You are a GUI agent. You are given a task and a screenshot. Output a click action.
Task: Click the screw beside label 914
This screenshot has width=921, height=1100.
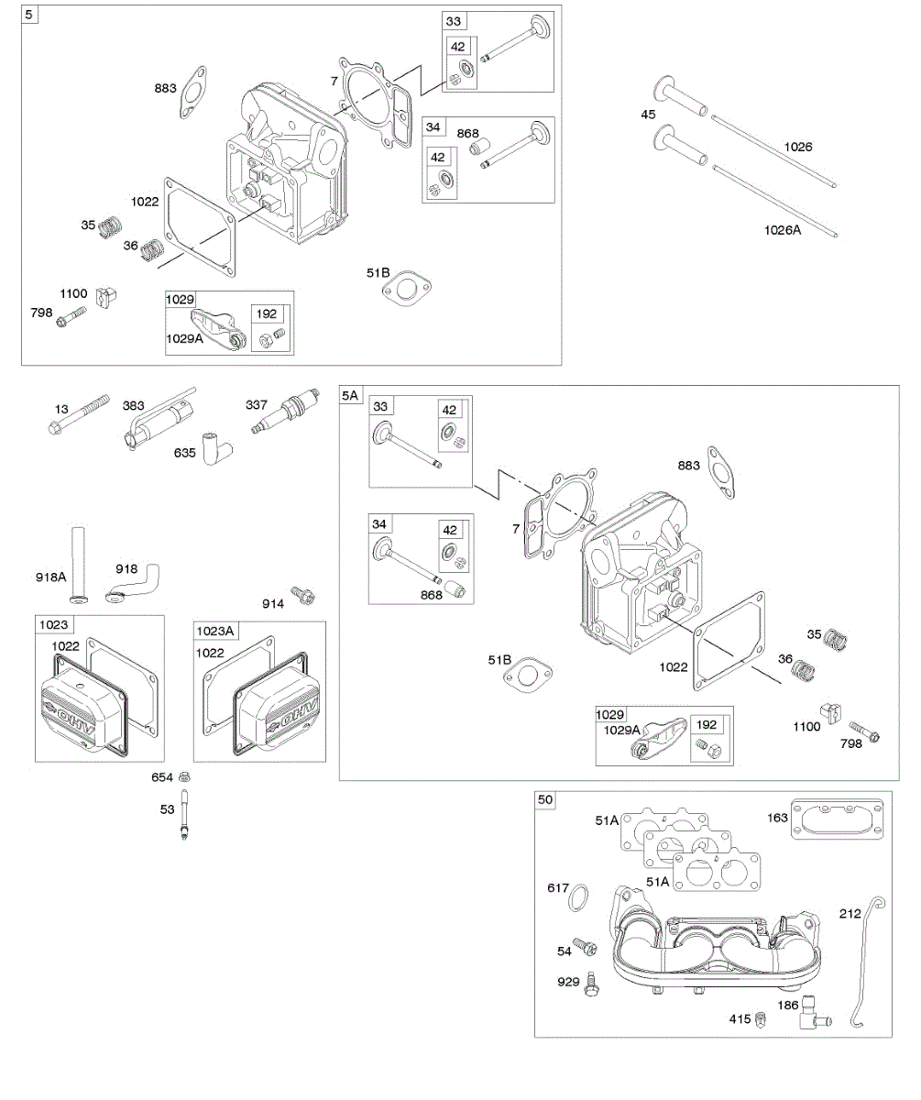(302, 596)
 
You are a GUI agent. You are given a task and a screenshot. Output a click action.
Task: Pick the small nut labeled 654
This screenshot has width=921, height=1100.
(184, 777)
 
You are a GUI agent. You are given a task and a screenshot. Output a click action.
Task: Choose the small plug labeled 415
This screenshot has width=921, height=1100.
(760, 1019)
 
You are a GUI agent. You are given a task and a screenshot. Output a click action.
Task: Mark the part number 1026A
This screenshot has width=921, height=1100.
(783, 230)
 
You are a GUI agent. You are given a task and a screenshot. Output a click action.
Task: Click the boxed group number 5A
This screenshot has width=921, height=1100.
(351, 395)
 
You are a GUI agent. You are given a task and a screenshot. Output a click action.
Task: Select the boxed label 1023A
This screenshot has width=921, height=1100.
(215, 630)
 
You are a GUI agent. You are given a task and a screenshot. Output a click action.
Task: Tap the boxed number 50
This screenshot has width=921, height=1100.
(545, 800)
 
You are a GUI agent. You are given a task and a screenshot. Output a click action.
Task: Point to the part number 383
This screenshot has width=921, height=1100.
(134, 404)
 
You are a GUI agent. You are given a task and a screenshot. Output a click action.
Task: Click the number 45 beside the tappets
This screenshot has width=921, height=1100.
(649, 114)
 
